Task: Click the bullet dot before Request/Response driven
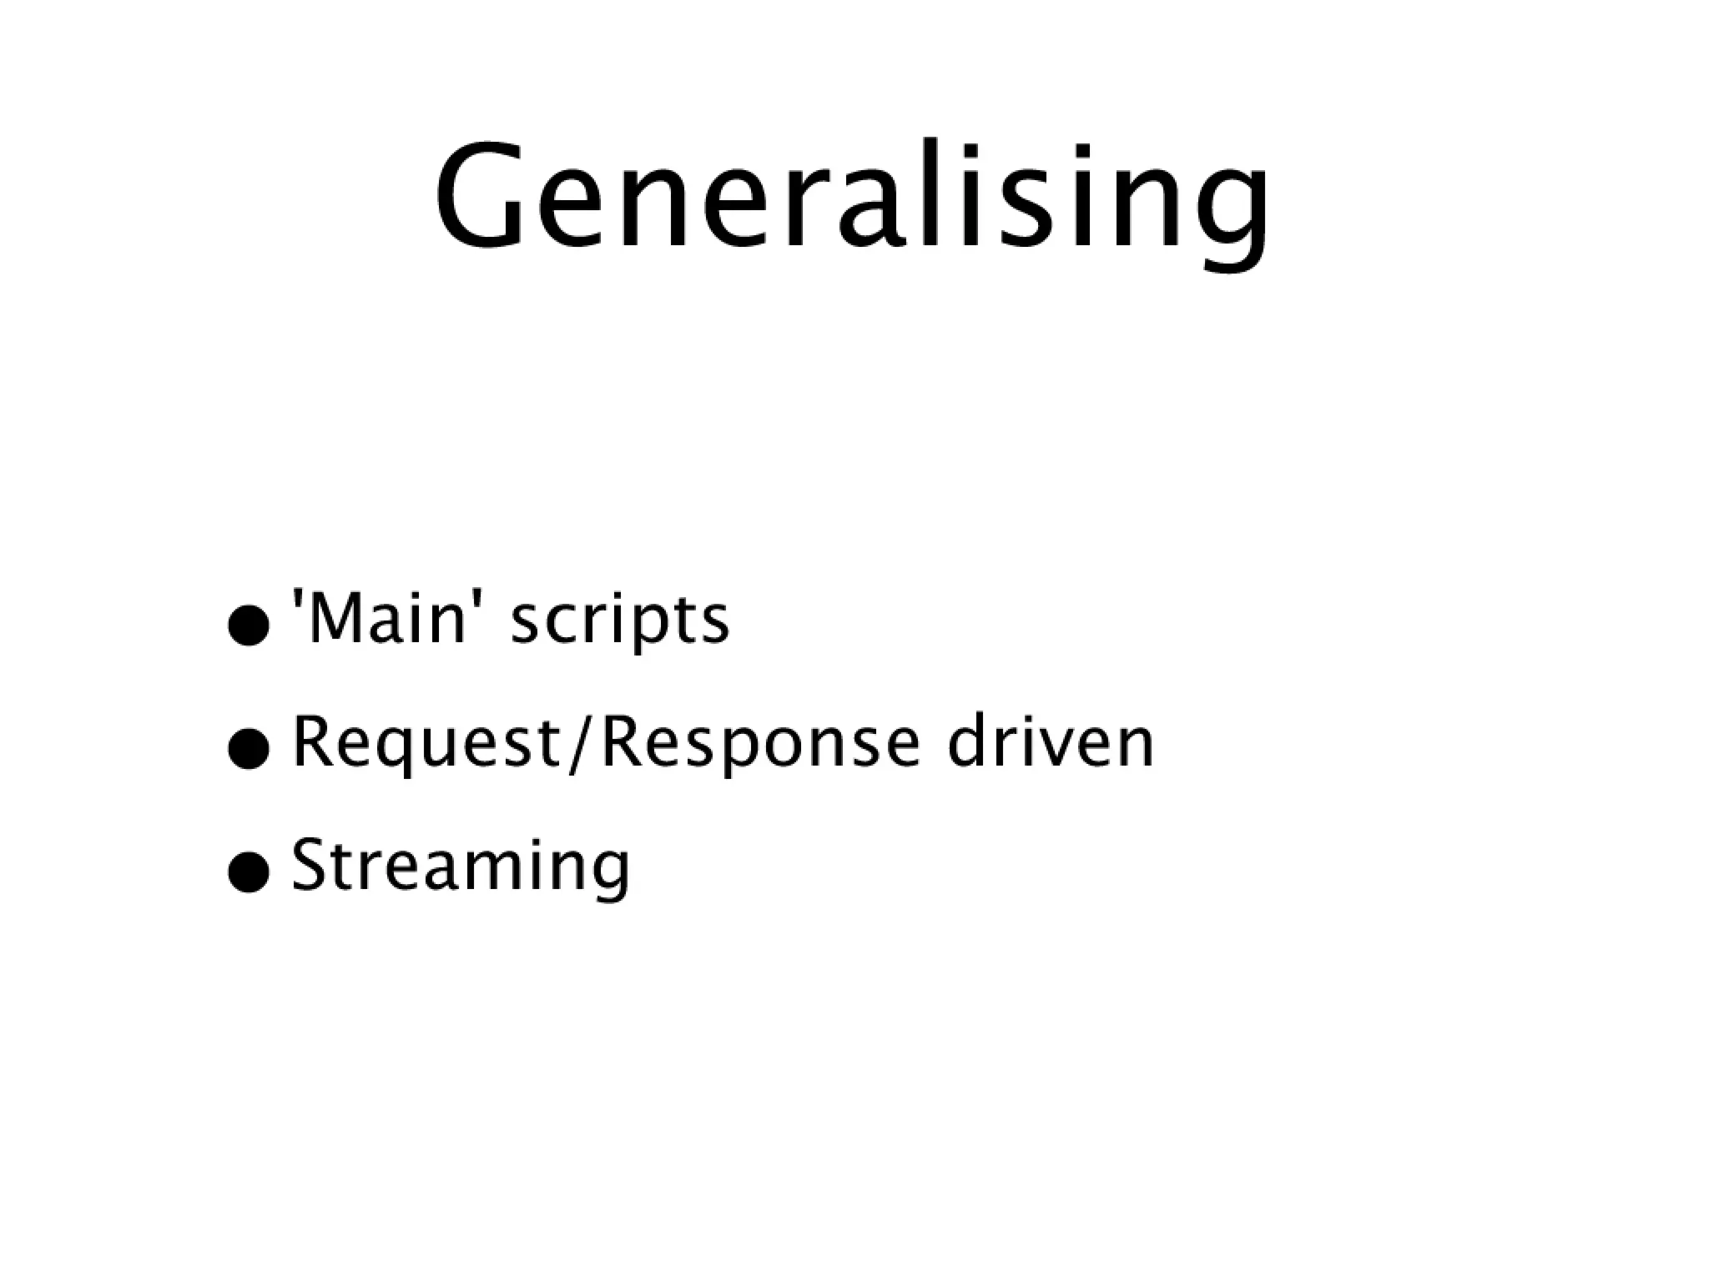pos(249,748)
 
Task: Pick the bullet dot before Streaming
pos(249,872)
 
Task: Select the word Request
pos(426,744)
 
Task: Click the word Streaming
pos(461,867)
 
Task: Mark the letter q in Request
pos(391,751)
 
